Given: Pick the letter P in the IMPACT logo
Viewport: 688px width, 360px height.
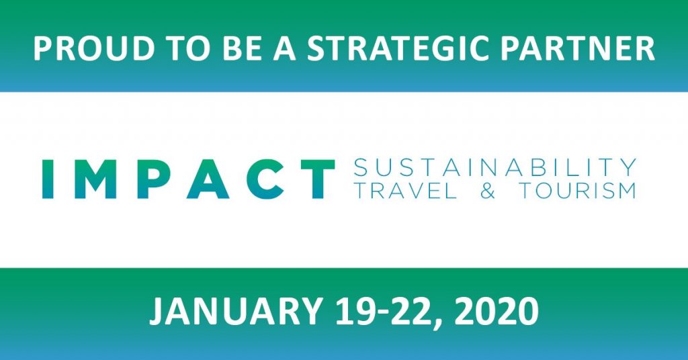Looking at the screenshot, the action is pyautogui.click(x=152, y=179).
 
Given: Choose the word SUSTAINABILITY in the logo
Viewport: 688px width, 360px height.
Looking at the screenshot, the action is pyautogui.click(x=495, y=167).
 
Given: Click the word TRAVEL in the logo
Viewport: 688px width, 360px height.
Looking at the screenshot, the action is pyautogui.click(x=405, y=191).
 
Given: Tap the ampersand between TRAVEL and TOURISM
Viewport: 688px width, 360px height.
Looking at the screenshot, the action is pyautogui.click(x=488, y=191).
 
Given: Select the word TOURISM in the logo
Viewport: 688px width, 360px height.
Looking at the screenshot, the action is pyautogui.click(x=578, y=191).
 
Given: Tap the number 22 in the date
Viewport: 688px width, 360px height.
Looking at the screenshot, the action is pyautogui.click(x=408, y=312).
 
